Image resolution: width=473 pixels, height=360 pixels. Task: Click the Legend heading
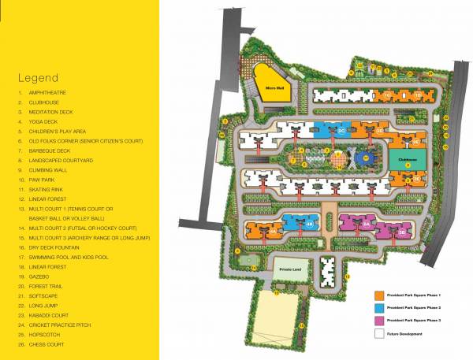click(x=38, y=79)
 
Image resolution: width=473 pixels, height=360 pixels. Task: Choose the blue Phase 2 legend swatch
click(x=378, y=307)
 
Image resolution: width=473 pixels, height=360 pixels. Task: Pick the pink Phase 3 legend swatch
click(x=378, y=321)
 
